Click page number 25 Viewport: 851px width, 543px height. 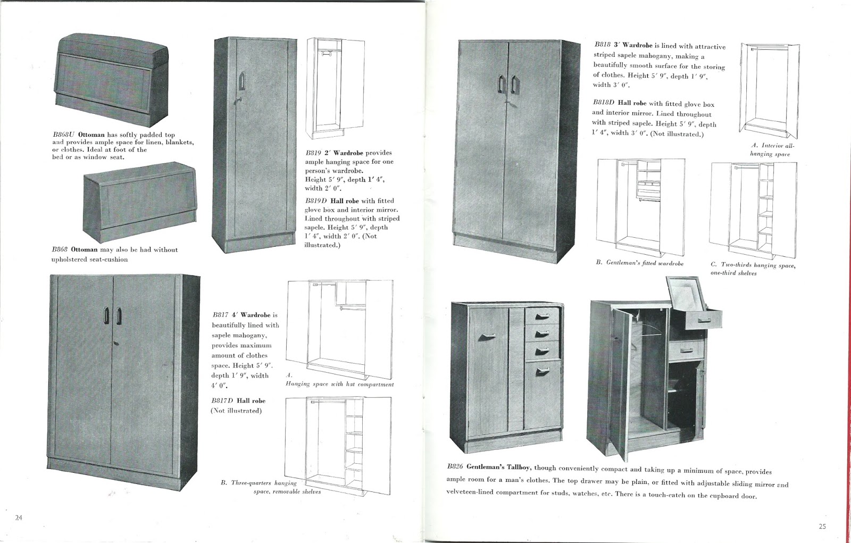(823, 527)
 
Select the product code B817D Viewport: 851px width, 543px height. (223, 400)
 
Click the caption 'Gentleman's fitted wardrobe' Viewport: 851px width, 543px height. (645, 263)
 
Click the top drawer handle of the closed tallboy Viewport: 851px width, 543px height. (542, 316)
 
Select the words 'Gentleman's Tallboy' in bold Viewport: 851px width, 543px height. (499, 468)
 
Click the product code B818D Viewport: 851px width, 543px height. (604, 104)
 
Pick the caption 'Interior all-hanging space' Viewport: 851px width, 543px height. (772, 149)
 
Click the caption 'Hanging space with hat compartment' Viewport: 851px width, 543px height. (339, 384)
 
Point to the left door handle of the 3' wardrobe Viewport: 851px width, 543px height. (500, 83)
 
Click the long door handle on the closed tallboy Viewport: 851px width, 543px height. (487, 337)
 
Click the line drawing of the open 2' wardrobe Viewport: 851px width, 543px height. (334, 88)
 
